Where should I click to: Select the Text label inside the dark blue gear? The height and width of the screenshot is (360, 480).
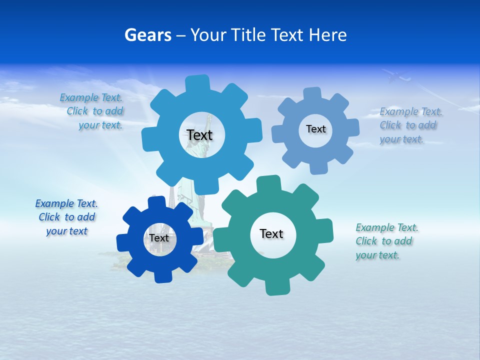[x=159, y=238]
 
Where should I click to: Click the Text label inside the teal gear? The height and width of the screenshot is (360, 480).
[x=271, y=233]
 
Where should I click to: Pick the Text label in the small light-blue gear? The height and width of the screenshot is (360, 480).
[x=315, y=129]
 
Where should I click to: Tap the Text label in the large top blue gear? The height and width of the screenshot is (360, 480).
[x=199, y=135]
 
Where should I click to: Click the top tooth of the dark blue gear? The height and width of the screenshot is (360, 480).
[x=156, y=202]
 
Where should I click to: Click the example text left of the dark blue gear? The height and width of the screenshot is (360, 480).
[x=66, y=217]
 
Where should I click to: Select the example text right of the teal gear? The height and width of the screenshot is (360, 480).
[x=386, y=241]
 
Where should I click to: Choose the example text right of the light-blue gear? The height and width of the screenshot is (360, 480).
[x=410, y=125]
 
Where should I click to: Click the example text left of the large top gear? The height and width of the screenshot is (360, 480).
[x=93, y=111]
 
